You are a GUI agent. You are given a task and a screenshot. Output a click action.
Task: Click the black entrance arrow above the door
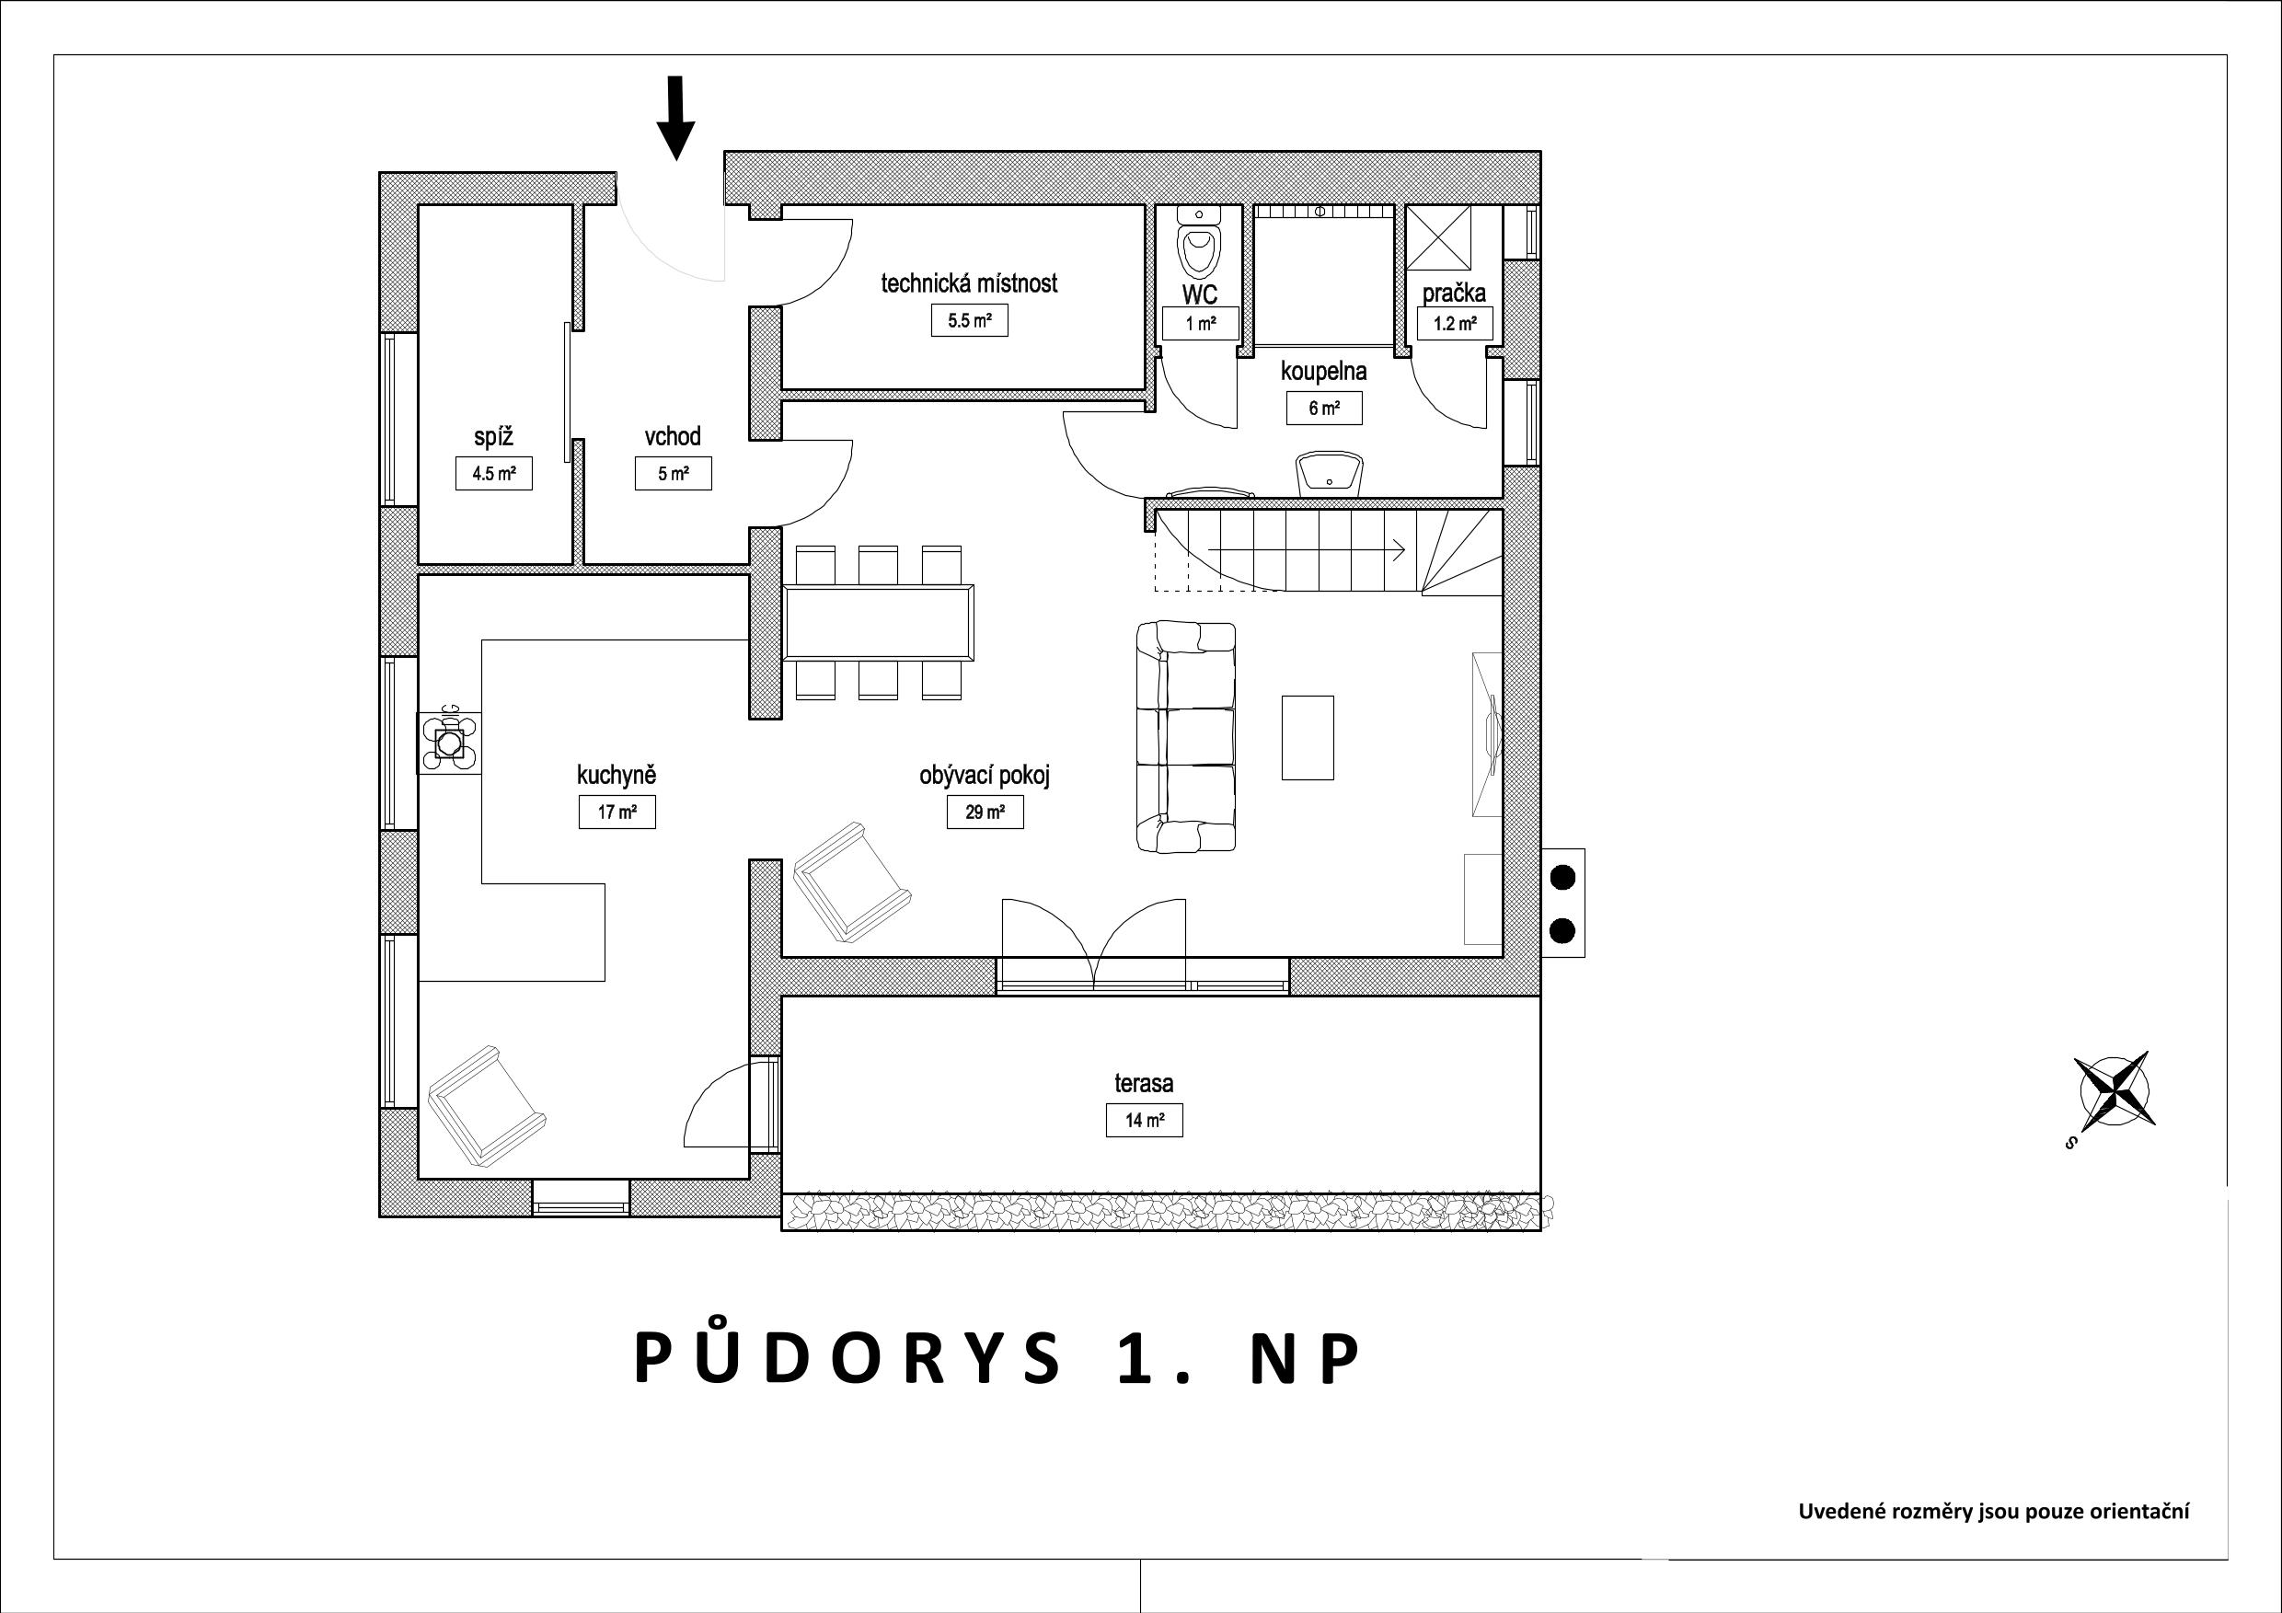(675, 117)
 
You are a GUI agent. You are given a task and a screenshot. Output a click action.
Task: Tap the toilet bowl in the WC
(1199, 249)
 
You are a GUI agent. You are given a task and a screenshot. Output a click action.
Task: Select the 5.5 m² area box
(969, 321)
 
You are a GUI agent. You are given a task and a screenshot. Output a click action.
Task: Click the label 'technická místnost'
(969, 283)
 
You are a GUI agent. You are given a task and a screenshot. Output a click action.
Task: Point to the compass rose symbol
(2114, 1090)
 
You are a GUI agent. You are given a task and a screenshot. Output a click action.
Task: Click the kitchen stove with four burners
(450, 742)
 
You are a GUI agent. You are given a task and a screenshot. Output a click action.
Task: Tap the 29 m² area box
(985, 812)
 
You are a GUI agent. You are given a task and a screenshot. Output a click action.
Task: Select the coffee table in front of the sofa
(1308, 737)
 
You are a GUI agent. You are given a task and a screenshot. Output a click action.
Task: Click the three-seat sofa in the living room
(1186, 737)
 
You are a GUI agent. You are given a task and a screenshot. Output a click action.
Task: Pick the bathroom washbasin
(1329, 473)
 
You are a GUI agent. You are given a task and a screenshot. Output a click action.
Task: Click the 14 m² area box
(1145, 1120)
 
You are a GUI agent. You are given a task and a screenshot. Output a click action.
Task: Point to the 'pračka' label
(1454, 294)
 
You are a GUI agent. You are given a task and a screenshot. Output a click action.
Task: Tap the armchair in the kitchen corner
(486, 1105)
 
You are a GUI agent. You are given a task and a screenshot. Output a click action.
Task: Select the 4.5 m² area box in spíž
(494, 473)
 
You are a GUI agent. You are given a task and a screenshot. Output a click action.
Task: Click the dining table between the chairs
(879, 622)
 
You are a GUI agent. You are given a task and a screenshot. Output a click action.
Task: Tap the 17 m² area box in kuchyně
(617, 812)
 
